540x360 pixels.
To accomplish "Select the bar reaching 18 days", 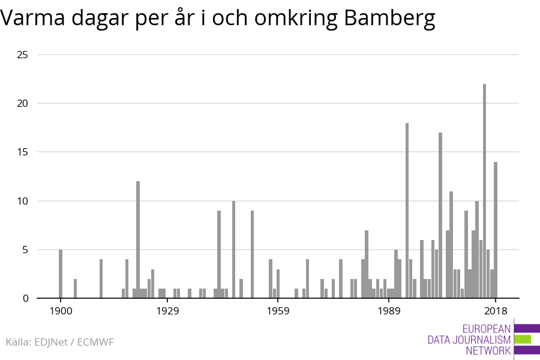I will click(x=407, y=210).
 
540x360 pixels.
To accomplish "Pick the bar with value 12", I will click(x=138, y=239).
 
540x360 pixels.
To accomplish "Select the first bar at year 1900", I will click(x=61, y=274).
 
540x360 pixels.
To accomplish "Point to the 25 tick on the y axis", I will click(x=22, y=55).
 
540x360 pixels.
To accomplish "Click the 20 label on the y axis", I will click(x=22, y=103).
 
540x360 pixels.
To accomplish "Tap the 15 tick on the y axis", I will click(x=22, y=152).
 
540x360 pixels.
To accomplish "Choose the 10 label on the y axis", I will click(x=22, y=201).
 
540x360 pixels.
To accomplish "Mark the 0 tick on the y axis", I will click(x=25, y=298).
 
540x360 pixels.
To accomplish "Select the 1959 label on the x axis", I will click(x=278, y=311).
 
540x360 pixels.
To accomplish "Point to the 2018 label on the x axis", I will click(x=496, y=311).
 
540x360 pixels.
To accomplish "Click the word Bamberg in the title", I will click(x=389, y=19).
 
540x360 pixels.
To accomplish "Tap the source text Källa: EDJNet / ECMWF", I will click(x=59, y=342).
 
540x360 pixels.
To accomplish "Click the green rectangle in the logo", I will click(x=523, y=340).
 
